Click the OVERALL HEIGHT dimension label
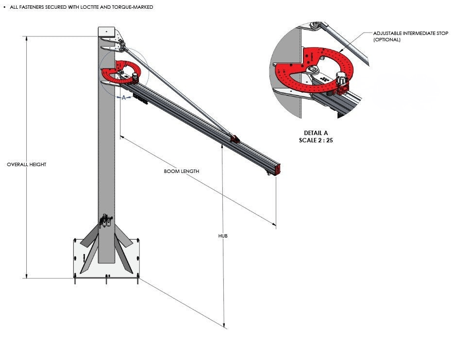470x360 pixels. pos(26,165)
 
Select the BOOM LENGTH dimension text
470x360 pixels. pos(181,171)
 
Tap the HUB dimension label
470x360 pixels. pos(223,236)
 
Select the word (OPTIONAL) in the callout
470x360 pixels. pos(386,39)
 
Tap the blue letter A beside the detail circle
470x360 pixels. pos(124,98)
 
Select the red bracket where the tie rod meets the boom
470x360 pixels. pos(235,139)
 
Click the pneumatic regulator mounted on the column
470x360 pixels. pos(105,222)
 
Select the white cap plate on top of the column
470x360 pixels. pos(106,31)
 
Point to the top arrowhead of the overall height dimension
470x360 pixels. pos(27,38)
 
